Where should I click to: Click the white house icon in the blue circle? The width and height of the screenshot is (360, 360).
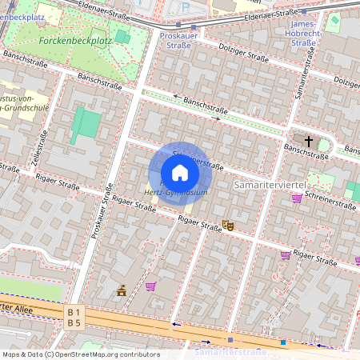[x=180, y=173]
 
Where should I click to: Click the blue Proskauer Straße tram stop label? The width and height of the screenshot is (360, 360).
[x=175, y=41]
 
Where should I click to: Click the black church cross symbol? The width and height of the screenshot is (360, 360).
[x=309, y=141]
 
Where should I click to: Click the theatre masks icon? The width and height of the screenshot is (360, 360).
[x=227, y=226]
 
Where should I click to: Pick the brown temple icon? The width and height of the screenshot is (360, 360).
[x=122, y=290]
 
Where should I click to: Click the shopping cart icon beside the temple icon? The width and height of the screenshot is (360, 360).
[x=150, y=286]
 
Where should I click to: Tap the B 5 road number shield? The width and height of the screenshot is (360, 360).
[x=74, y=322]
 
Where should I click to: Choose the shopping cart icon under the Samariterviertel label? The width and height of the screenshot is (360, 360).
[x=297, y=198]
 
